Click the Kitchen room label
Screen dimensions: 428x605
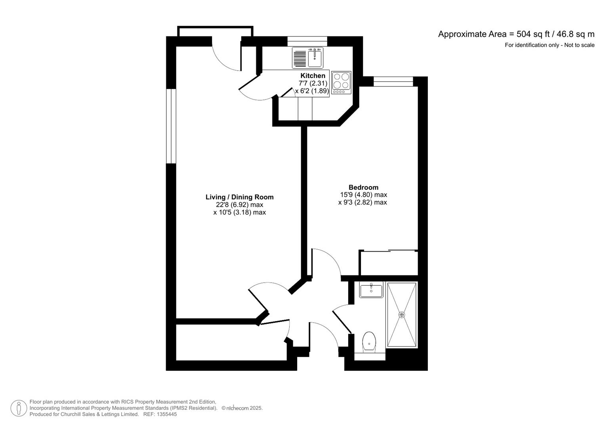click(313, 76)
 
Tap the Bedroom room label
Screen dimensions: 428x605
click(363, 187)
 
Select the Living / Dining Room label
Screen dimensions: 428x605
click(239, 197)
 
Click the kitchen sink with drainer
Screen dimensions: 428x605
click(307, 58)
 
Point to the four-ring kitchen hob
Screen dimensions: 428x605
click(341, 80)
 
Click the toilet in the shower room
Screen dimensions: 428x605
click(369, 342)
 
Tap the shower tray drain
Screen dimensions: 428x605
click(402, 315)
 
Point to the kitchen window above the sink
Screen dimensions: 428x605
click(307, 41)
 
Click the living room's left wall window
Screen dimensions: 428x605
click(171, 126)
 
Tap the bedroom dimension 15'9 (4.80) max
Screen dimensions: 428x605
click(363, 195)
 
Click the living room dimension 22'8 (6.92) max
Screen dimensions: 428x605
click(239, 205)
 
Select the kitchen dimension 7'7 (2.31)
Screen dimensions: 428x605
click(313, 83)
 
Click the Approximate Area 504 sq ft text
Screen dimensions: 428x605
click(516, 34)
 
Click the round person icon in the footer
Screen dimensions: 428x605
click(19, 408)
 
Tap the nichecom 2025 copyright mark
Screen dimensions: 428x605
click(242, 408)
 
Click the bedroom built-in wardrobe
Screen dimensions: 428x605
click(388, 263)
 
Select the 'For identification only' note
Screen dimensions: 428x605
click(549, 45)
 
